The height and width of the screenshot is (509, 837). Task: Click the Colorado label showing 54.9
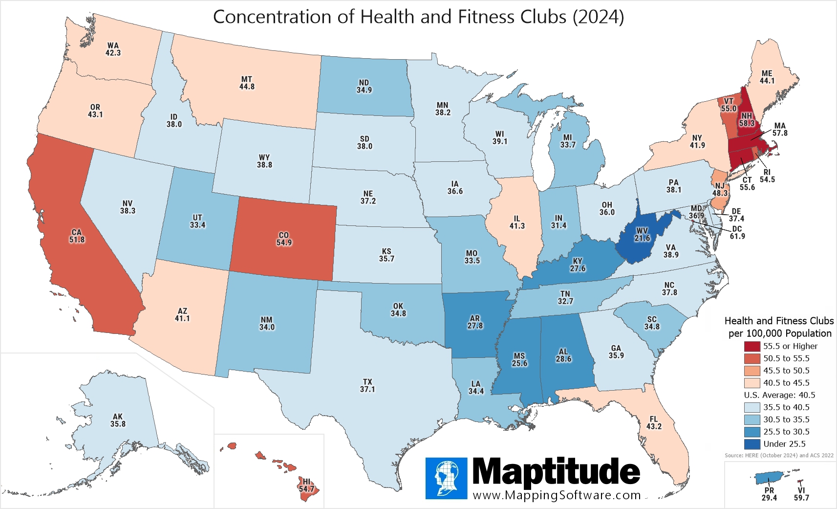click(284, 239)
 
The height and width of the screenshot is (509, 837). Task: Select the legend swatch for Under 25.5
click(752, 444)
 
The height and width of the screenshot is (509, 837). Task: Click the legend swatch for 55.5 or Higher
click(752, 346)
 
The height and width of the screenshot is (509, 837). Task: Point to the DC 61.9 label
click(737, 233)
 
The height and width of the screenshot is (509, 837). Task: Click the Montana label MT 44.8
click(247, 83)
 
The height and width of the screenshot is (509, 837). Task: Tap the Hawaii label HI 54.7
click(306, 486)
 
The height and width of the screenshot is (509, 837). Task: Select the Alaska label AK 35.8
click(118, 420)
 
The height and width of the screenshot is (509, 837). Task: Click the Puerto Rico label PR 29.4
click(769, 494)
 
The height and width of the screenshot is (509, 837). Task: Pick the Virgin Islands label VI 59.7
click(801, 494)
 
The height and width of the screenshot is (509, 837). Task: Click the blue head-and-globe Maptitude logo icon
click(446, 478)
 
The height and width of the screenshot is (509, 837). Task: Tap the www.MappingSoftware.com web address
click(557, 495)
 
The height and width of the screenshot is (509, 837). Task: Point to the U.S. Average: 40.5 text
click(779, 395)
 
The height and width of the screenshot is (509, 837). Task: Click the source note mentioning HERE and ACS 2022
click(779, 455)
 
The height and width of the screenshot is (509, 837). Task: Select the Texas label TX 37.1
click(367, 386)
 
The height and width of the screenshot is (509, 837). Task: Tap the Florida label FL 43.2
click(654, 423)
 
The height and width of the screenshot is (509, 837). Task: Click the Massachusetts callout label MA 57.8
click(780, 130)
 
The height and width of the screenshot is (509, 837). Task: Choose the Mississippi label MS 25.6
click(519, 360)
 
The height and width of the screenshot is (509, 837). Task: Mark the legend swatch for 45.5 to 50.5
click(752, 371)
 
